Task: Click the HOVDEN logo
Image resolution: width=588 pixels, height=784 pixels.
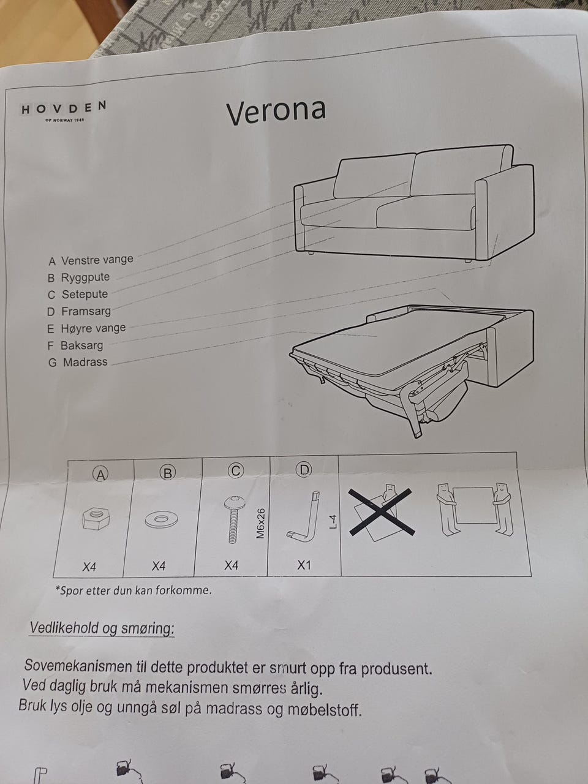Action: (64, 110)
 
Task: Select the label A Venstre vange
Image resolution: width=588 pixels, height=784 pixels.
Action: (90, 260)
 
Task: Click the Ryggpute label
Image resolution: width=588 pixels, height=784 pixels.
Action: (78, 277)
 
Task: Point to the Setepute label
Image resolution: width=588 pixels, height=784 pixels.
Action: (77, 295)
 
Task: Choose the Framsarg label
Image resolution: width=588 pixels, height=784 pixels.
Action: (79, 312)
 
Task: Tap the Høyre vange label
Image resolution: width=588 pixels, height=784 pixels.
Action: (86, 328)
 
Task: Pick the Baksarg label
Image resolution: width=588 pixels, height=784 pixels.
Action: (75, 345)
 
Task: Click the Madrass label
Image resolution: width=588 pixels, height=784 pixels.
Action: (77, 362)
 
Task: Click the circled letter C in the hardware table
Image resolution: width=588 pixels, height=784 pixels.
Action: (236, 471)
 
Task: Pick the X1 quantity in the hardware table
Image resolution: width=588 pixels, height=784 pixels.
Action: (304, 565)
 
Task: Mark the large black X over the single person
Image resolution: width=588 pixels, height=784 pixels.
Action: (382, 513)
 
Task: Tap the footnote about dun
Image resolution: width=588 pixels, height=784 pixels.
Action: (133, 590)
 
